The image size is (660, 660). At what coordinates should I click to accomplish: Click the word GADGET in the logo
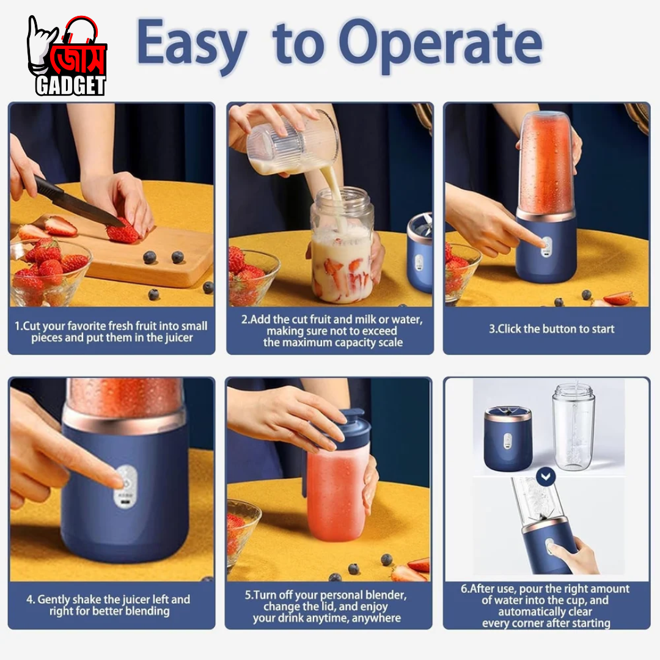coord(70,86)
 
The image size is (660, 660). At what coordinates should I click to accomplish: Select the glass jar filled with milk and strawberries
coord(342,246)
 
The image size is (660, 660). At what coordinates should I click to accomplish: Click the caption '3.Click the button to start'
coord(551,329)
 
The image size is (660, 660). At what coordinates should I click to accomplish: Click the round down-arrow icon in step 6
coord(546,477)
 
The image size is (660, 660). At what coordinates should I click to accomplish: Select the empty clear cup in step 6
coord(573,426)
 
